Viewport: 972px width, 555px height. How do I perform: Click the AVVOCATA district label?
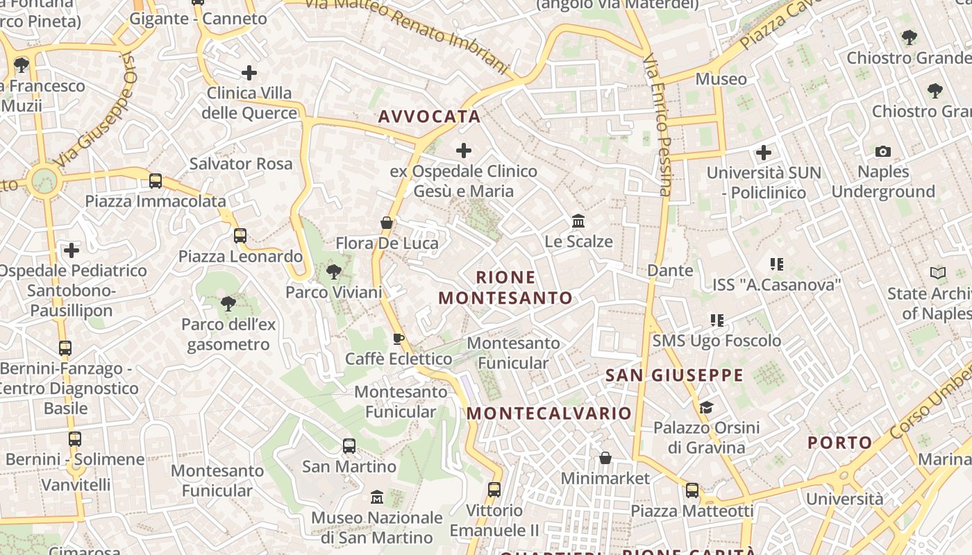tap(429, 117)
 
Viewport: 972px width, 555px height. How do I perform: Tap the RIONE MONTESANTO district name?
tap(506, 288)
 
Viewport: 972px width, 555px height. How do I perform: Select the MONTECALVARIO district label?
tap(549, 413)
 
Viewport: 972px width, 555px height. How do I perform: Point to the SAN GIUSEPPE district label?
tap(674, 376)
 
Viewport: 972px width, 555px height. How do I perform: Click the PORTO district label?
tap(839, 443)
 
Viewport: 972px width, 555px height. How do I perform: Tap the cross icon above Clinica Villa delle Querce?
tap(249, 72)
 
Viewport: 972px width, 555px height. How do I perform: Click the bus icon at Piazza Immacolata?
tap(156, 181)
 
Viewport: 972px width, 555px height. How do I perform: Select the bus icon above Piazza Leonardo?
tap(240, 236)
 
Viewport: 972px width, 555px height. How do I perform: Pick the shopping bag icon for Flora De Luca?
tap(387, 223)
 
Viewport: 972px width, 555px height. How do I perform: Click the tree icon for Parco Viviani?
tap(334, 271)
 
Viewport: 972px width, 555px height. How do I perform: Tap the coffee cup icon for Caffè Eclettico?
tap(399, 339)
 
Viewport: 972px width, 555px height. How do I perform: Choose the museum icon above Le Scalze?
tap(578, 221)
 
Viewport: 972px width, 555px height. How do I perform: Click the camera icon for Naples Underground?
tap(883, 151)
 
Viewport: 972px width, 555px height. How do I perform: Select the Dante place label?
tap(670, 271)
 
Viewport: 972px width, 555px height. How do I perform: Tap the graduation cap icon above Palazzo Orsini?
tap(706, 407)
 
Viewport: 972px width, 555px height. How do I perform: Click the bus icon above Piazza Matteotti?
tap(692, 490)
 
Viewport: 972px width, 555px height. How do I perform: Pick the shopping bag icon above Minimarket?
tap(605, 458)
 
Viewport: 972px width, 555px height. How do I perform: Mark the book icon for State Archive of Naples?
tap(938, 273)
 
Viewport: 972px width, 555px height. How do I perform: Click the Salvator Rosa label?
tap(241, 164)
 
